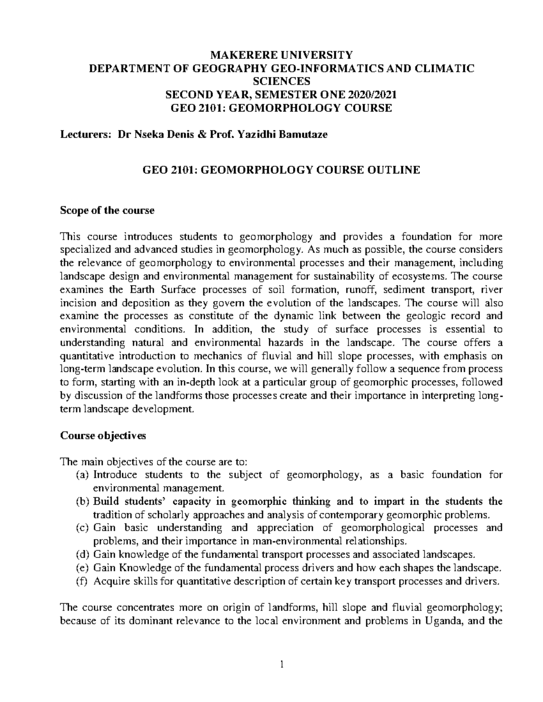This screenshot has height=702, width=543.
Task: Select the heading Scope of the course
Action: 107,210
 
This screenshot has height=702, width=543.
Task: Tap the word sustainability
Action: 343,276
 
